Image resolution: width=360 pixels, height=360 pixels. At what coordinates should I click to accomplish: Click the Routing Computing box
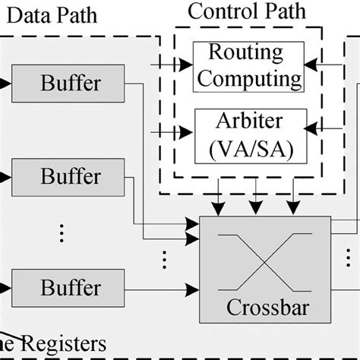tap(248, 65)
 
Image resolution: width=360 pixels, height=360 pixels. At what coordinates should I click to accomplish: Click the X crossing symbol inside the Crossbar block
tap(264, 262)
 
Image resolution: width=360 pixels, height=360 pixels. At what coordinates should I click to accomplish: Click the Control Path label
tap(247, 11)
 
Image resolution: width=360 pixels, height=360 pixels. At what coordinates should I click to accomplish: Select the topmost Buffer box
tap(70, 81)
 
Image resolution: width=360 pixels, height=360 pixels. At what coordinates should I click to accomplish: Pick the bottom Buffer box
tap(70, 288)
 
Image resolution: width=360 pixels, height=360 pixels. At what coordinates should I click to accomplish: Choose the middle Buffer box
tap(70, 176)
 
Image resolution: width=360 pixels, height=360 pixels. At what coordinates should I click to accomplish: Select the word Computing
tap(248, 77)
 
